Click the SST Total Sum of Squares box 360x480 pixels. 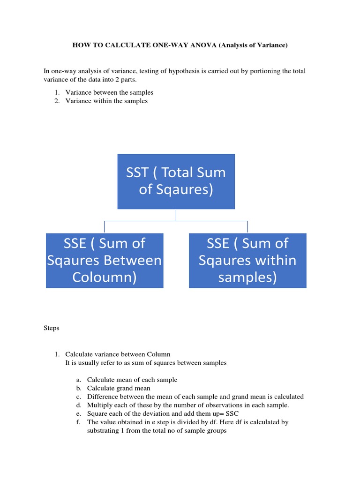pyautogui.click(x=176, y=181)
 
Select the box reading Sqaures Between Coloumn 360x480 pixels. pyautogui.click(x=105, y=260)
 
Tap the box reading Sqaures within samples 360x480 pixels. pyautogui.click(x=247, y=260)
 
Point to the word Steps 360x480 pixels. pyautogui.click(x=51, y=328)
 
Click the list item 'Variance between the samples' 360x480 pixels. pyautogui.click(x=109, y=92)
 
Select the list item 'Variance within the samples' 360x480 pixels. pyautogui.click(x=106, y=101)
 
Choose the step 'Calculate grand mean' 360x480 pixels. pyautogui.click(x=119, y=388)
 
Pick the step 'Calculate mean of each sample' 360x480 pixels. pyautogui.click(x=132, y=380)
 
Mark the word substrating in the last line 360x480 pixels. pyautogui.click(x=105, y=430)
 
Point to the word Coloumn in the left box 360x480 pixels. pyautogui.click(x=105, y=277)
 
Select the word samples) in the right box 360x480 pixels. pyautogui.click(x=247, y=277)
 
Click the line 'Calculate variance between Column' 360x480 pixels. pyautogui.click(x=118, y=354)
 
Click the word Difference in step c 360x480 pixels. pyautogui.click(x=102, y=397)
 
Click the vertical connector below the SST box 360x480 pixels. pyautogui.click(x=176, y=215)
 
